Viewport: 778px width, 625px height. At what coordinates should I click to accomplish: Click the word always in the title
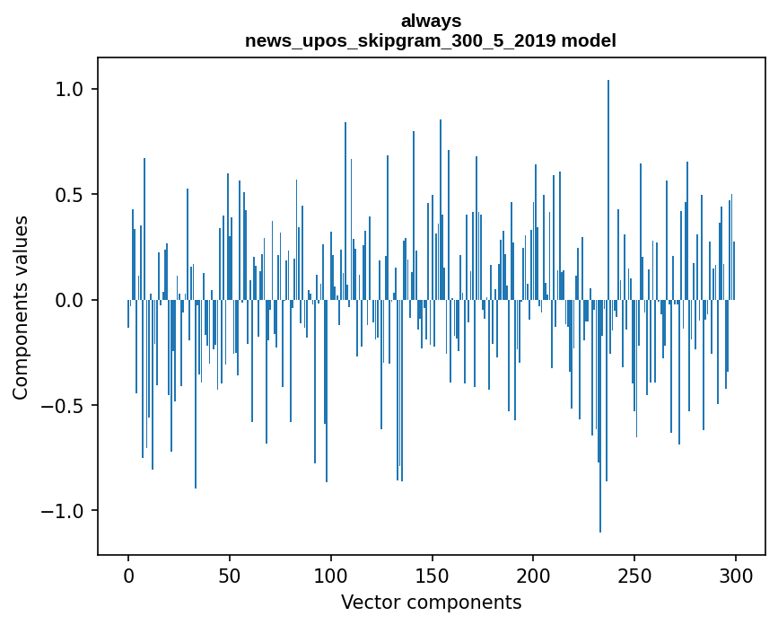point(431,20)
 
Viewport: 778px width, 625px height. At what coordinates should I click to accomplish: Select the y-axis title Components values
point(21,307)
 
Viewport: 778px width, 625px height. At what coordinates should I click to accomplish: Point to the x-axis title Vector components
point(431,602)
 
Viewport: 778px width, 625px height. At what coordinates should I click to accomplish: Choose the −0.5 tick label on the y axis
point(62,406)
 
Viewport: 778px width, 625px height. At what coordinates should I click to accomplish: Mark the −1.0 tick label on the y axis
point(62,511)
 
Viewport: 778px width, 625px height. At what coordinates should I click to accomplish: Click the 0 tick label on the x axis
point(128,575)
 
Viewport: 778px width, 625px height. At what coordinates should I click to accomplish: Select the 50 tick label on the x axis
point(230,575)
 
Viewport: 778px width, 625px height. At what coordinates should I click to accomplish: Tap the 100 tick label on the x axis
point(331,575)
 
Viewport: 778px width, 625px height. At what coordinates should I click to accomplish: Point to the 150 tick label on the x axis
point(433,575)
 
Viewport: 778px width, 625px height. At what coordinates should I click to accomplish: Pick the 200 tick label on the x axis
point(534,575)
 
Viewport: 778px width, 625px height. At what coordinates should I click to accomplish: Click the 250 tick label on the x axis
point(635,575)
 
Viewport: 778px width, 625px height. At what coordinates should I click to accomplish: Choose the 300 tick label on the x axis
point(736,575)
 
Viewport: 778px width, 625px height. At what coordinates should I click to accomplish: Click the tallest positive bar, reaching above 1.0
point(608,180)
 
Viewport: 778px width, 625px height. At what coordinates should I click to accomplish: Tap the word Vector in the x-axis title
point(368,602)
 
